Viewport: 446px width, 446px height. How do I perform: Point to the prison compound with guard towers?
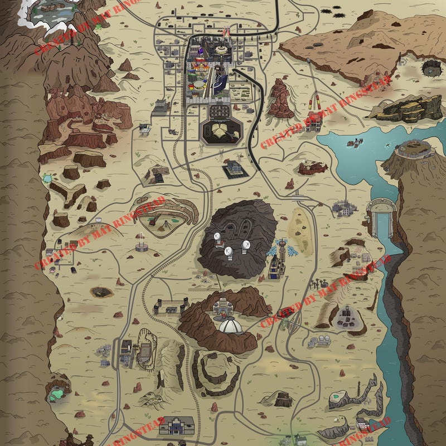[x=169, y=306]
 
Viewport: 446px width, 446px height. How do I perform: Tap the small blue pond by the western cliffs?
[x=46, y=178]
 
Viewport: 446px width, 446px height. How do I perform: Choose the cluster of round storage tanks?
[x=319, y=340]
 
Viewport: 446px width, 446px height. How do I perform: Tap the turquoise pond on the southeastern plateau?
[x=336, y=396]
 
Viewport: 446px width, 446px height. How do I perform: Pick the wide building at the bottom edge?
[x=176, y=425]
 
